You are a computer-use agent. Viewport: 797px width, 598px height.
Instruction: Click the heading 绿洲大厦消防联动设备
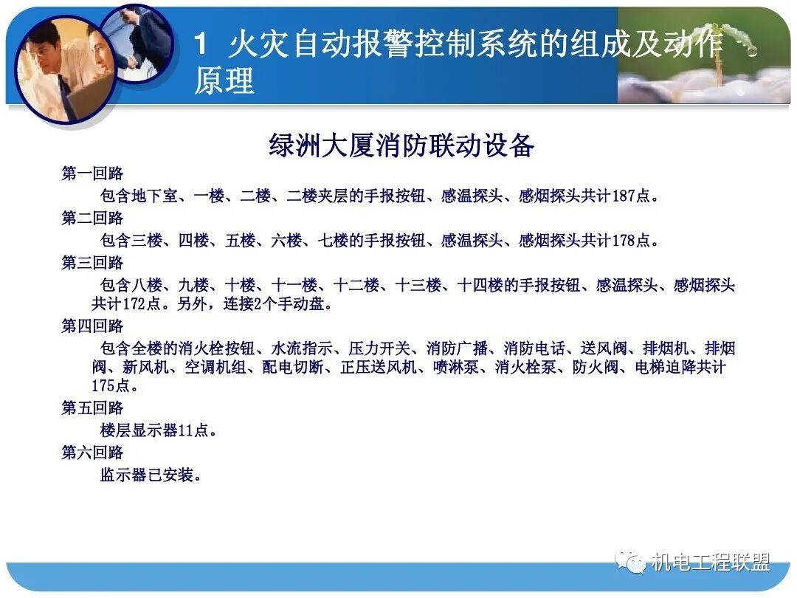401,145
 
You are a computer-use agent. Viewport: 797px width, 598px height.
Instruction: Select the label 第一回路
92,174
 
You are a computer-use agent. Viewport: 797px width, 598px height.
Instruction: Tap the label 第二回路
92,219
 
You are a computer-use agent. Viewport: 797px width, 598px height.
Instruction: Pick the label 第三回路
92,263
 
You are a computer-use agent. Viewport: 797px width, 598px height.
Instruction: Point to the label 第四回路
92,326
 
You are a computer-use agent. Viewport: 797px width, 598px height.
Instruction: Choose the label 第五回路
92,408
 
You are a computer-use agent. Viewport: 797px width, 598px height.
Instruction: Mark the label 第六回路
92,453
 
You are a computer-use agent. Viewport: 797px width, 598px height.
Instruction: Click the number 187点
633,196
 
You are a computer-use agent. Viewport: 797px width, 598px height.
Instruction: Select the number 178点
633,241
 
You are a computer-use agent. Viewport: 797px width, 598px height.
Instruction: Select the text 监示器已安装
151,475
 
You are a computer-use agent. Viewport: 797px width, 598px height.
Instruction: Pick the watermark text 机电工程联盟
710,563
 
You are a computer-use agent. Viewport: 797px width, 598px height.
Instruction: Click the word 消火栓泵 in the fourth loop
525,368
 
